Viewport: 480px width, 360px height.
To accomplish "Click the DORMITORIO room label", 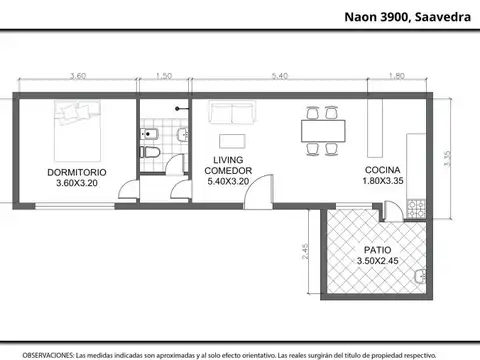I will click(x=75, y=172).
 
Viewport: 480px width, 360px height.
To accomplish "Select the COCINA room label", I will click(x=383, y=171).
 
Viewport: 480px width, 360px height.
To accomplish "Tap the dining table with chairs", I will click(x=321, y=130).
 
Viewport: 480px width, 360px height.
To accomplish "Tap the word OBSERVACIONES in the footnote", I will click(x=48, y=354).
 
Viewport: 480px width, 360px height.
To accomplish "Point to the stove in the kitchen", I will click(x=416, y=210).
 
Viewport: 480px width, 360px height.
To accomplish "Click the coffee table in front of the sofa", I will click(x=232, y=137).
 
